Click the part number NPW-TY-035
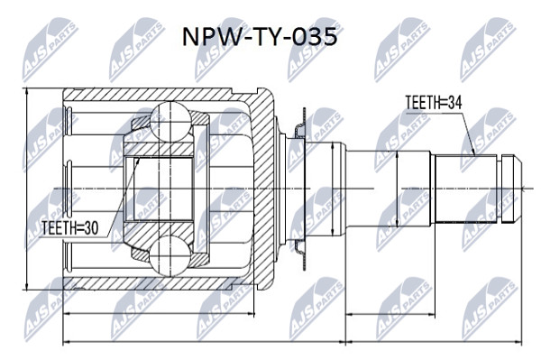[260, 37]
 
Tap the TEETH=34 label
[433, 103]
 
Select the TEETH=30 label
[70, 227]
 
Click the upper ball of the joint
[170, 121]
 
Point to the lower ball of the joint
[170, 255]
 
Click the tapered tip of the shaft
[517, 189]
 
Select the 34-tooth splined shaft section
[466, 189]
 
